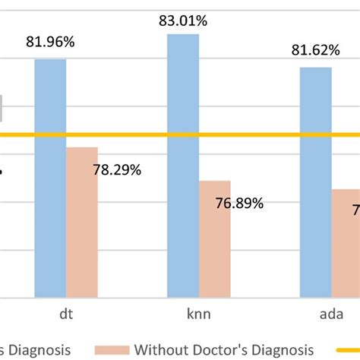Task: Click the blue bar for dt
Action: (50, 178)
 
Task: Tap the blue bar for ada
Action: (316, 182)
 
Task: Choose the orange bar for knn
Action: (215, 239)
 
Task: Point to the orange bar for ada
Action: (346, 243)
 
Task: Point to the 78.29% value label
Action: (117, 170)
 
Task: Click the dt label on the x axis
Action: (66, 313)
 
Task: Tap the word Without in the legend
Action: (162, 349)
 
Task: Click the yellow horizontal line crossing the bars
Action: (152, 136)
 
